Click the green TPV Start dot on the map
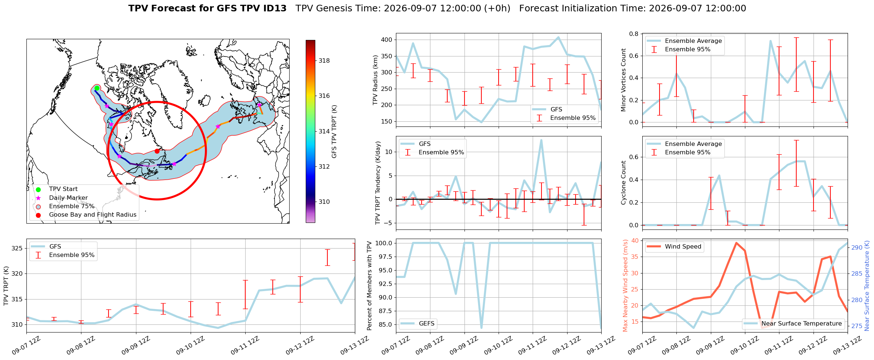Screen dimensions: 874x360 tap(97, 88)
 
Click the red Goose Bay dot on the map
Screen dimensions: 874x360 tap(157, 151)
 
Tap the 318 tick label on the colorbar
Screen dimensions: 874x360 tap(324, 61)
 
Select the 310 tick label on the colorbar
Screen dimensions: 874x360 tap(324, 202)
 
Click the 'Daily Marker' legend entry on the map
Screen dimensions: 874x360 tap(69, 198)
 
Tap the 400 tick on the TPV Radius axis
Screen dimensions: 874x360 tap(386, 40)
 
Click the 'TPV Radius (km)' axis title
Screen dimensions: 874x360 tap(375, 80)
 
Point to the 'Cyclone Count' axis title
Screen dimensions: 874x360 tap(623, 183)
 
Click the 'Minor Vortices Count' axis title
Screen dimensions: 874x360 tap(623, 80)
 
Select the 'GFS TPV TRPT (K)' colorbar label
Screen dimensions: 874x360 tap(334, 132)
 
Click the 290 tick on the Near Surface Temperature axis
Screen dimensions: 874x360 tap(857, 248)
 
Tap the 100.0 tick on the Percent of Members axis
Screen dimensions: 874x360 tap(384, 243)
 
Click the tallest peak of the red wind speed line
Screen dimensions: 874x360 tap(736, 243)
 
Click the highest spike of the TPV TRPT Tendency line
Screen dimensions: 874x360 tap(541, 140)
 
